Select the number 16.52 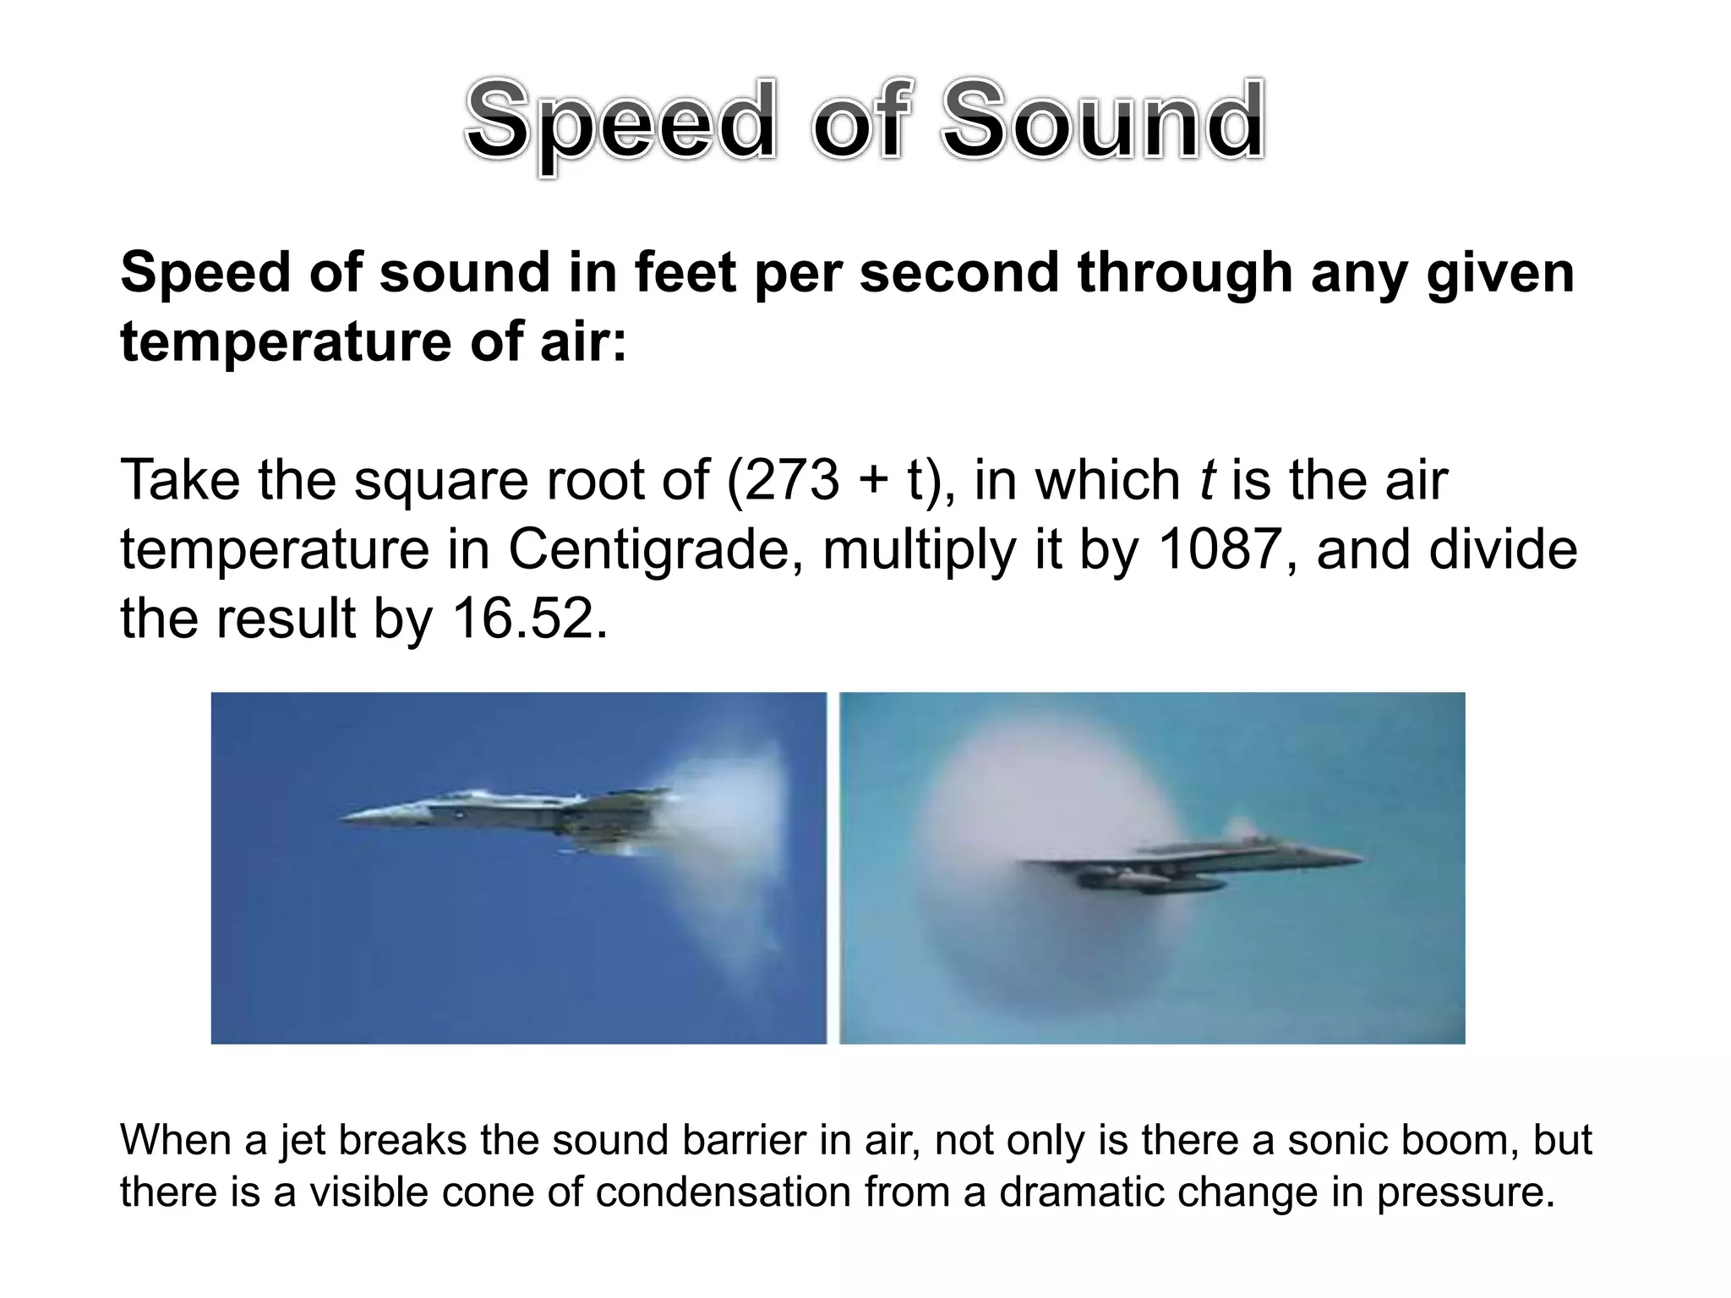click(529, 619)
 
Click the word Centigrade click(655, 549)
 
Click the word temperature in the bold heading click(286, 343)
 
